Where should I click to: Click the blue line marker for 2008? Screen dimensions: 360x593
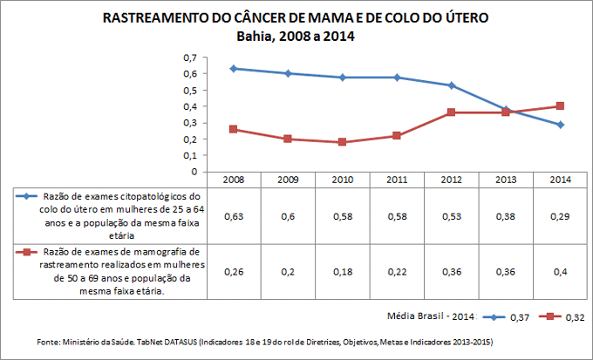[x=234, y=68]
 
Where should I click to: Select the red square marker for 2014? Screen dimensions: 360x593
[x=560, y=106]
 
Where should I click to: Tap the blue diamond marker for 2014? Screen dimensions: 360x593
[x=560, y=125]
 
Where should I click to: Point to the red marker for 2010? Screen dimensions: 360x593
[x=343, y=142]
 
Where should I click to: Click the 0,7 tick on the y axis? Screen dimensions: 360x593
[x=189, y=58]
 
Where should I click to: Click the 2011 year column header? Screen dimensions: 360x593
[x=397, y=179]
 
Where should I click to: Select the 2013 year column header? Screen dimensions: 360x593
[x=506, y=179]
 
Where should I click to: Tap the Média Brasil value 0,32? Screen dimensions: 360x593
[x=576, y=317]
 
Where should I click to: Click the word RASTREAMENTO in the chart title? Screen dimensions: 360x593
[x=153, y=18]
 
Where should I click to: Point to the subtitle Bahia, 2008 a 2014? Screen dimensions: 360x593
[x=296, y=37]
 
